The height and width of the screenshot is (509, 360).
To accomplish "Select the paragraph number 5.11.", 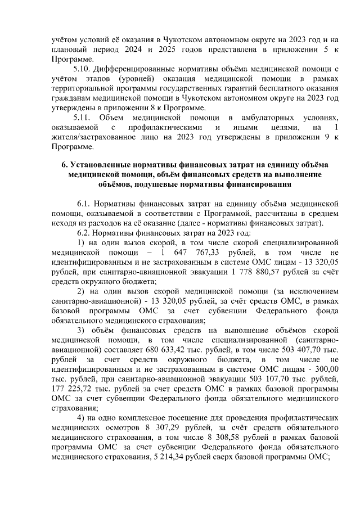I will coord(84,117).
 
